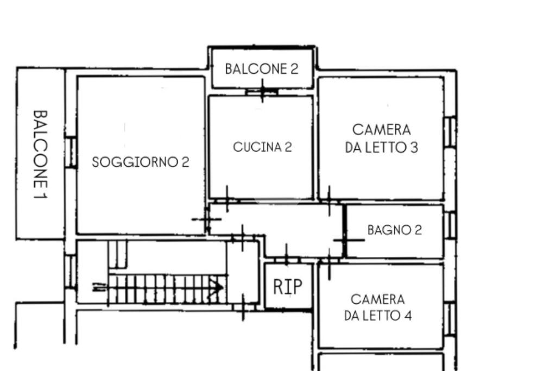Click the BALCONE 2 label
[x=262, y=69]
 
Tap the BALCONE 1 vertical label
[x=40, y=154]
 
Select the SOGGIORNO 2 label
[x=141, y=162]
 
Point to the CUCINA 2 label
[x=262, y=147]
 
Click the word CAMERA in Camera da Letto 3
[x=382, y=130]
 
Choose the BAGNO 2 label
[x=395, y=230]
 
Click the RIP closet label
[x=288, y=287]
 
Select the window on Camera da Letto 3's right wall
[x=450, y=132]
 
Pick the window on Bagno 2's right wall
[x=450, y=225]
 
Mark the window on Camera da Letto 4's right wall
[x=450, y=318]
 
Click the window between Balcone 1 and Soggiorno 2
[x=71, y=152]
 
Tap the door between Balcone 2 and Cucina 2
[x=262, y=91]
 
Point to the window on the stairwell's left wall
[x=71, y=272]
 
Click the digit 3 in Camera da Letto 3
[x=414, y=147]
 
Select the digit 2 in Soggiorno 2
[x=186, y=162]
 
